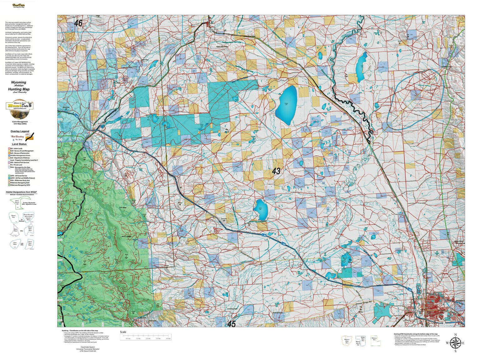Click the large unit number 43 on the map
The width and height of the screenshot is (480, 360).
276,171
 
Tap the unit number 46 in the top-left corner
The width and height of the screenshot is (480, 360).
78,23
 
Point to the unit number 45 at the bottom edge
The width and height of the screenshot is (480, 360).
231,324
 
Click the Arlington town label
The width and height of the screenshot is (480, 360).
102,124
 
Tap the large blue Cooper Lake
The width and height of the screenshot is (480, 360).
286,105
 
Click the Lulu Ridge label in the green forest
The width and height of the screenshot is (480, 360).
123,207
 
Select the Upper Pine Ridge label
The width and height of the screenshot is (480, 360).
222,47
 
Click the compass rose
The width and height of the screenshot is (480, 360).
455,342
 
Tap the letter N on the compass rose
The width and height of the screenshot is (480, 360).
455,335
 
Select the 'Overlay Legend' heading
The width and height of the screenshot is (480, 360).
20,131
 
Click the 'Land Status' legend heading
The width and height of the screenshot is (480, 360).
19,144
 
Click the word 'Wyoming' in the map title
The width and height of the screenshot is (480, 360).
18,82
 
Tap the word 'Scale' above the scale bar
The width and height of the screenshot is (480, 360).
123,332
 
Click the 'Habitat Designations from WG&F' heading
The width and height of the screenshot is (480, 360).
21,192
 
